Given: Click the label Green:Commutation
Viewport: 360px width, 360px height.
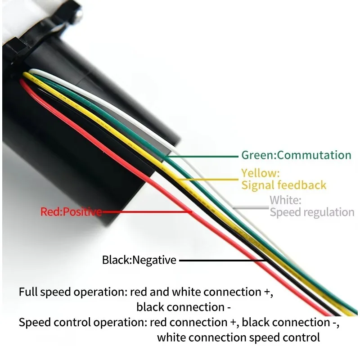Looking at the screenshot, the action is tap(296, 155).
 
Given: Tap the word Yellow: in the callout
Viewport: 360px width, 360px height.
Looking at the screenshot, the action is tap(261, 173).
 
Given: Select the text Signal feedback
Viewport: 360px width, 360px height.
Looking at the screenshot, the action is tap(284, 185).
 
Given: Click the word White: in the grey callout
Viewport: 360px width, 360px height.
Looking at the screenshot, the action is tap(285, 200).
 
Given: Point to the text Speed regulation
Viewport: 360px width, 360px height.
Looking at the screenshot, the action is tap(312, 212).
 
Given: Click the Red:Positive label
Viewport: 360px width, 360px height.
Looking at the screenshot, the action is tap(71, 211).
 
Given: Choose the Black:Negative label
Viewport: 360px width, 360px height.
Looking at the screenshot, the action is tap(139, 260).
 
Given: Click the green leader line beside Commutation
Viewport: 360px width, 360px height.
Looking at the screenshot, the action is tap(202, 157).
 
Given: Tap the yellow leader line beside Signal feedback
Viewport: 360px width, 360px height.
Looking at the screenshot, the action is tap(208, 179).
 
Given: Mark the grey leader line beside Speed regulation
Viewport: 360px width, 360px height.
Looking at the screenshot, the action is tap(251, 208).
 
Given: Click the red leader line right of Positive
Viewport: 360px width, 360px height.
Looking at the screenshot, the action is tap(147, 211).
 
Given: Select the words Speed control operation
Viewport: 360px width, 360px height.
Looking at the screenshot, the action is tap(83, 322).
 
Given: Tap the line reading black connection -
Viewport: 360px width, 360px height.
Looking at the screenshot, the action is tap(184, 307).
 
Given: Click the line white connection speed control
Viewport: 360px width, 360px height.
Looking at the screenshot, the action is tap(238, 337).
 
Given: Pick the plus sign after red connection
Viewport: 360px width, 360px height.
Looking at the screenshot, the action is tap(233, 323).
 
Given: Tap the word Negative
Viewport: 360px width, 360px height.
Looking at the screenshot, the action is tap(154, 260).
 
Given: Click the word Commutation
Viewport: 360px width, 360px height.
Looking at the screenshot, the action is tap(314, 155).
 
